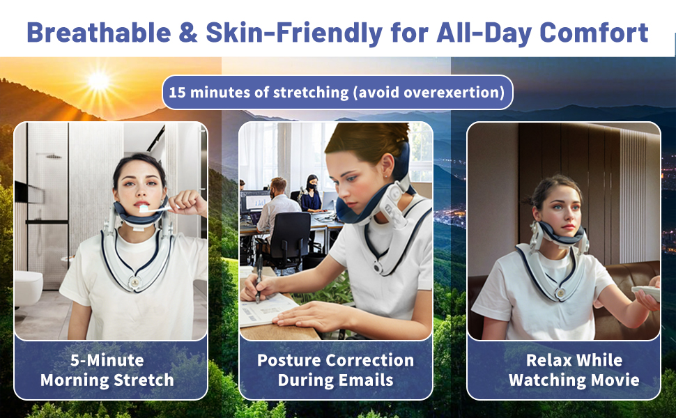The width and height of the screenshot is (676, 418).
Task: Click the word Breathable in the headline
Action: pos(99,32)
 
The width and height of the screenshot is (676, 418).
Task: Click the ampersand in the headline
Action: pos(188,33)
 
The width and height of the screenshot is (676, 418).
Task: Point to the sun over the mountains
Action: pos(98,81)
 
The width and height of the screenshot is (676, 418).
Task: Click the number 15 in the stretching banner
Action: pos(177,92)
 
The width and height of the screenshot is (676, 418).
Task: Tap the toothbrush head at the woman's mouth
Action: pos(144,208)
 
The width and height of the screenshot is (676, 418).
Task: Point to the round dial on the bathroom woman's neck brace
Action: pos(135,282)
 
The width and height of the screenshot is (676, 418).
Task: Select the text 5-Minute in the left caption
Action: pos(107,359)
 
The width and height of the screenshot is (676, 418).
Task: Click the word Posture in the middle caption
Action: pos(289,359)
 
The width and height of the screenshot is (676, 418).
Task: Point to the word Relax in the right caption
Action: pos(549,359)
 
